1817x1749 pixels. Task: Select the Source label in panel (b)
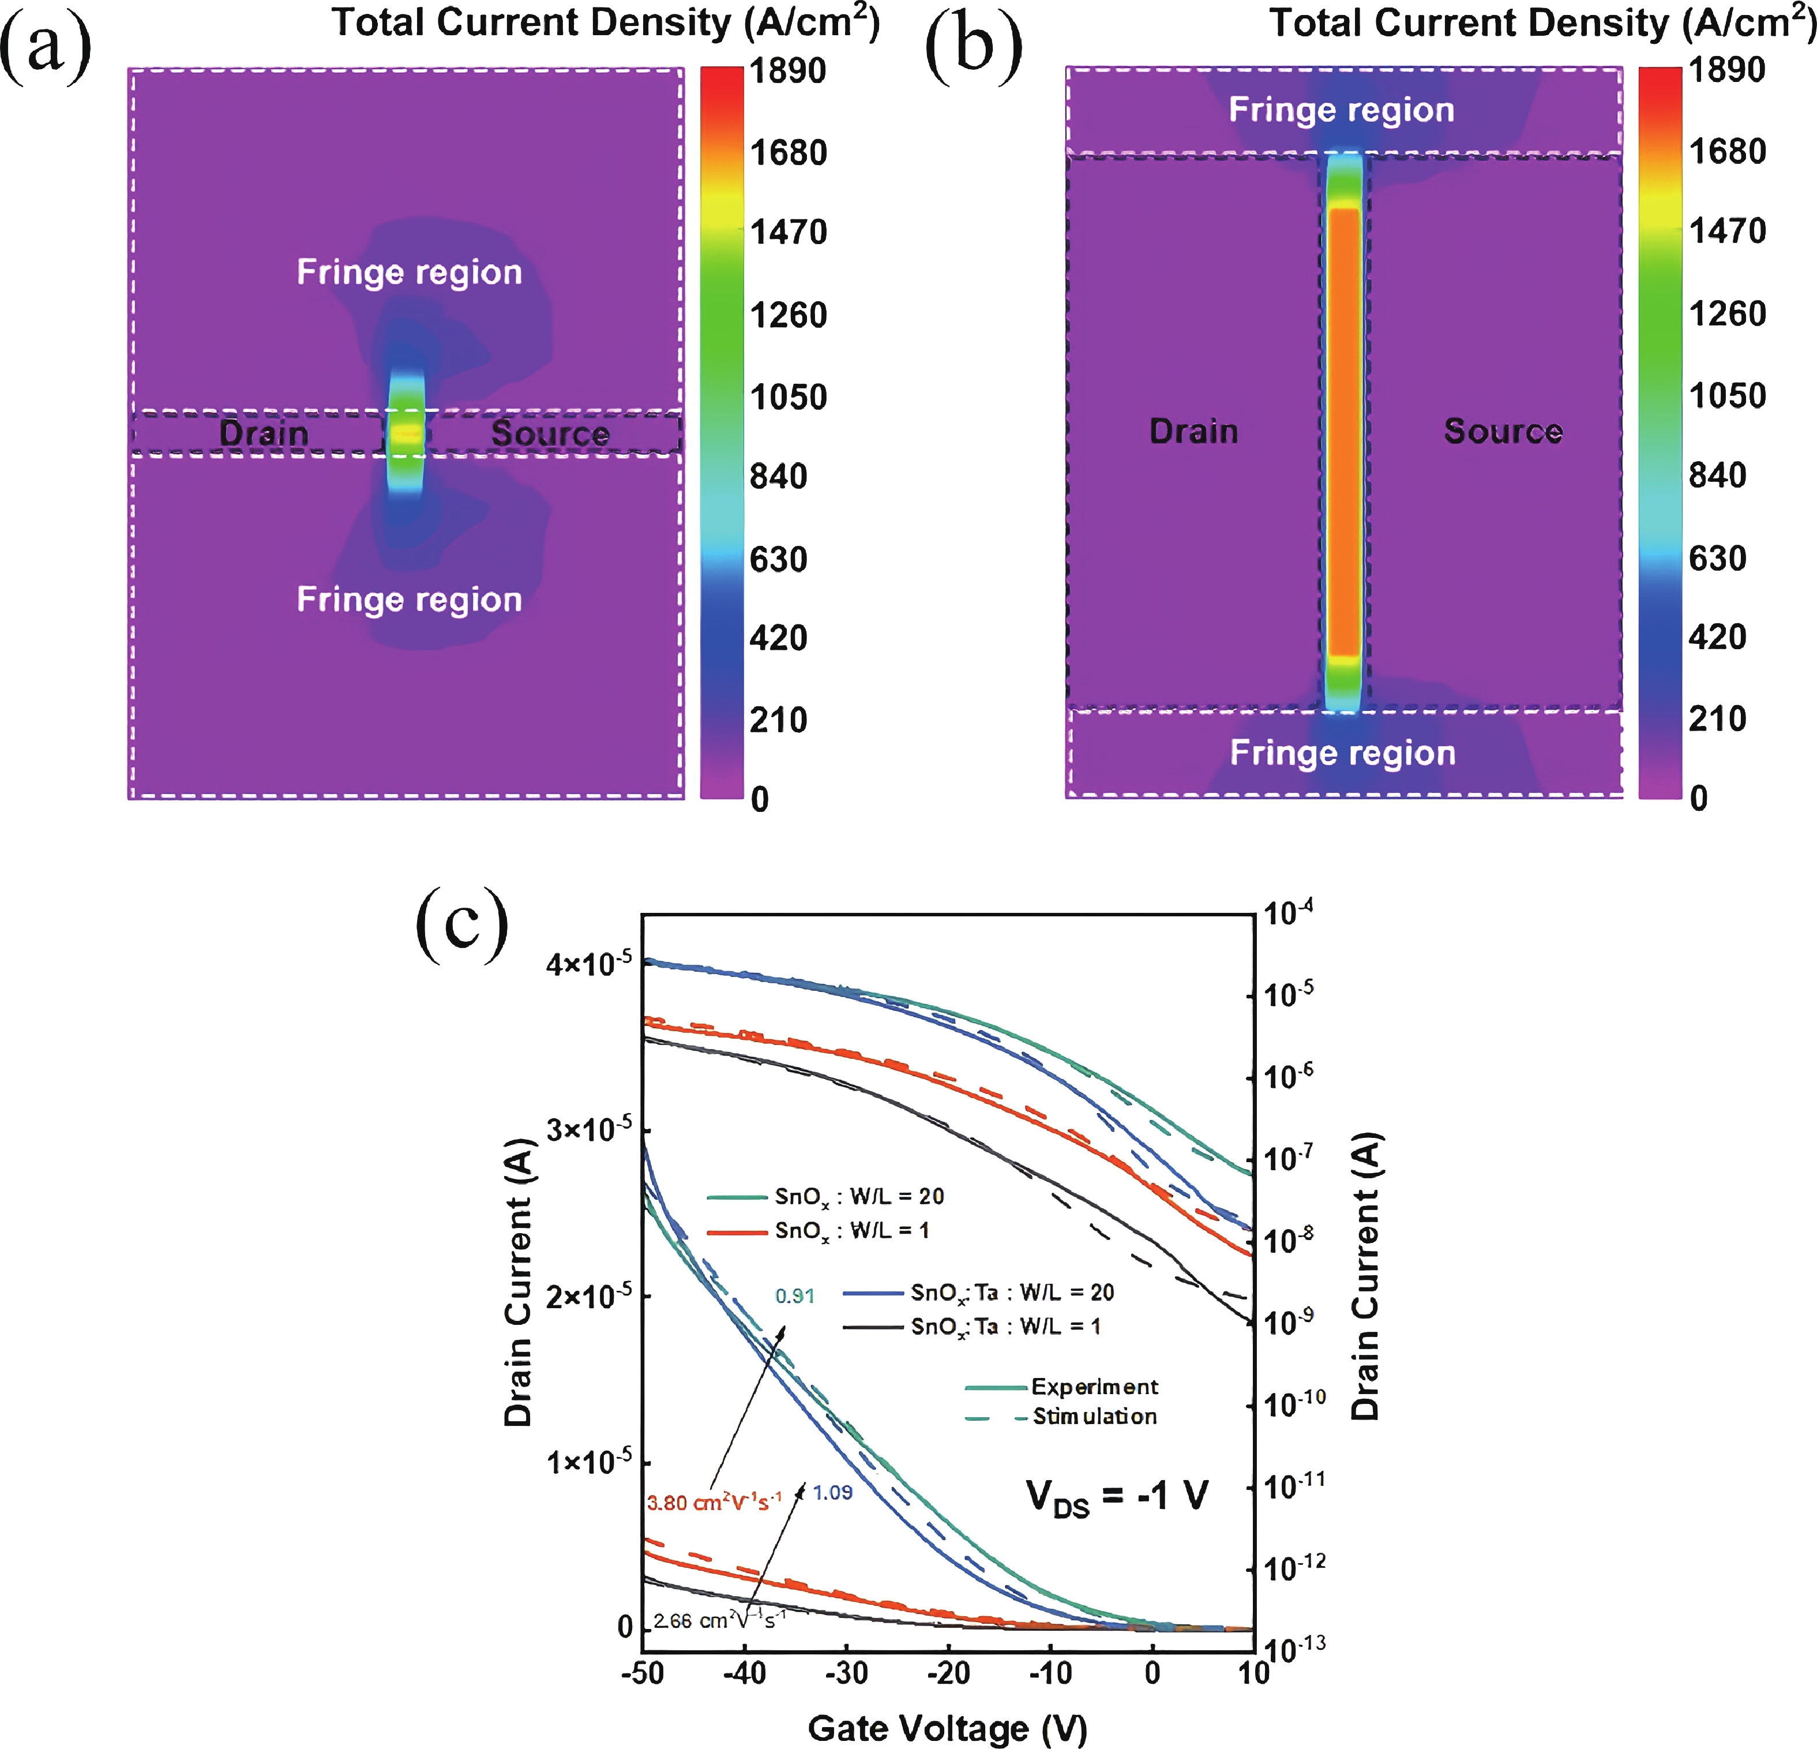click(1503, 430)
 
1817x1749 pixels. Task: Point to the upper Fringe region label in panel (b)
click(1342, 110)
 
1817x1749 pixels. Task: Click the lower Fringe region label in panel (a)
click(409, 599)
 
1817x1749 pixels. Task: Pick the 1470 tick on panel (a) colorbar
click(788, 232)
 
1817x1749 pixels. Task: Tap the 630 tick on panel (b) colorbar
click(1717, 558)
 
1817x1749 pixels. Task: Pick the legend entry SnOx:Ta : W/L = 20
click(1011, 1292)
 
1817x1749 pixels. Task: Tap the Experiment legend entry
click(1094, 1387)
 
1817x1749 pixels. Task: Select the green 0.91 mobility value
click(794, 1295)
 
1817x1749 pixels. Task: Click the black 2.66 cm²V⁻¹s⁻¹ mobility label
click(719, 1620)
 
